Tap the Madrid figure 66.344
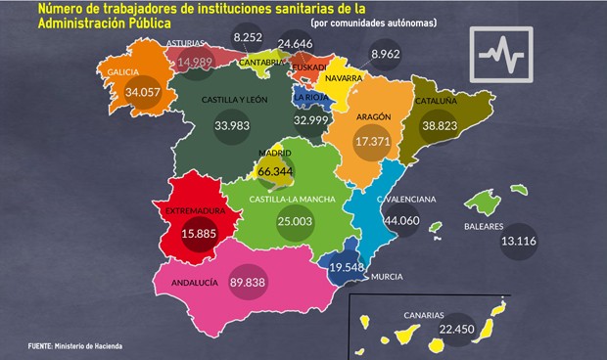pyautogui.click(x=271, y=172)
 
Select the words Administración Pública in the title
pyautogui.click(x=100, y=22)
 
